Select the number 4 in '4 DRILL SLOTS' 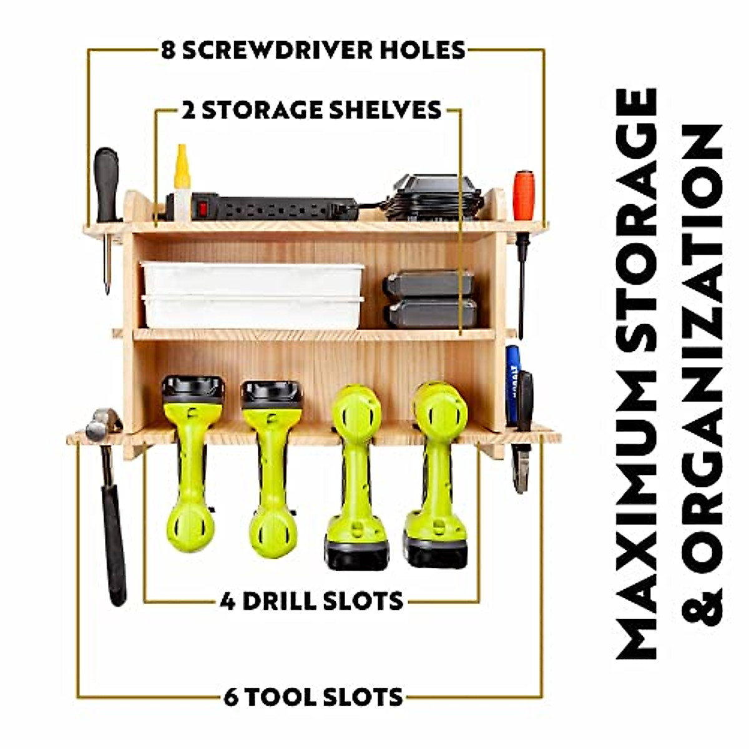pos(228,602)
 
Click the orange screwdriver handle pos(524,194)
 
